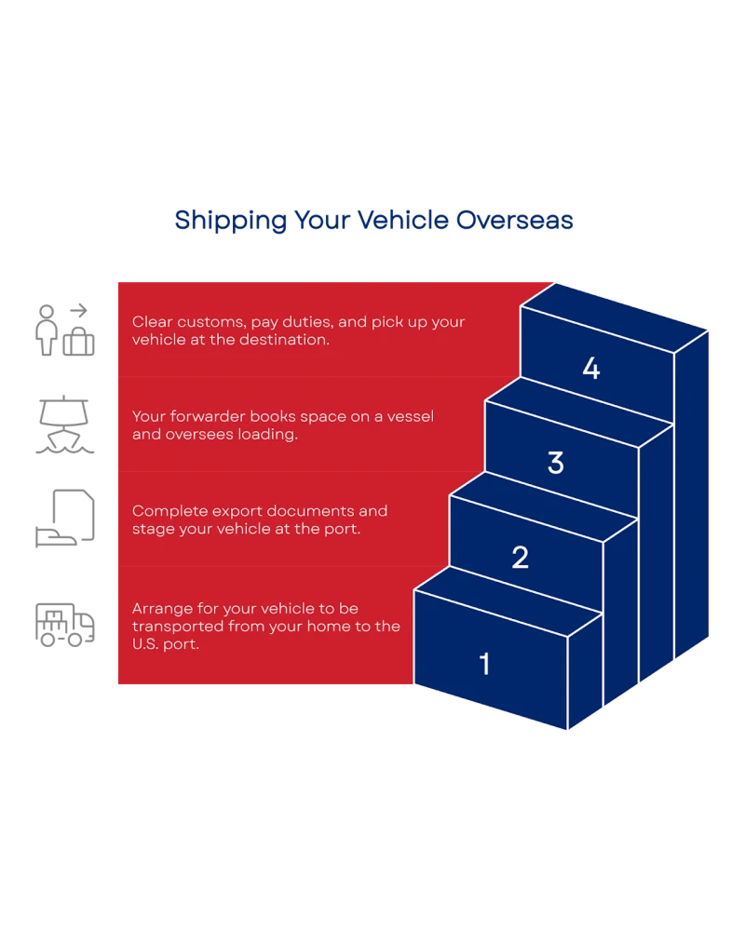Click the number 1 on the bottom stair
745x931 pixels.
(484, 664)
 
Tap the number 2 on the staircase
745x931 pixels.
(520, 558)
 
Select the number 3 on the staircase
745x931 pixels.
(555, 463)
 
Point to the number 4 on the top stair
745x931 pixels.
(591, 370)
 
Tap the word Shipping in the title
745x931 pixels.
(228, 221)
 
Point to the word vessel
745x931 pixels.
(413, 416)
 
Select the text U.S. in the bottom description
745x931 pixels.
(146, 644)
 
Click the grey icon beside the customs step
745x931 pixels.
(63, 328)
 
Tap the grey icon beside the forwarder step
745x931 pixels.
(63, 421)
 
